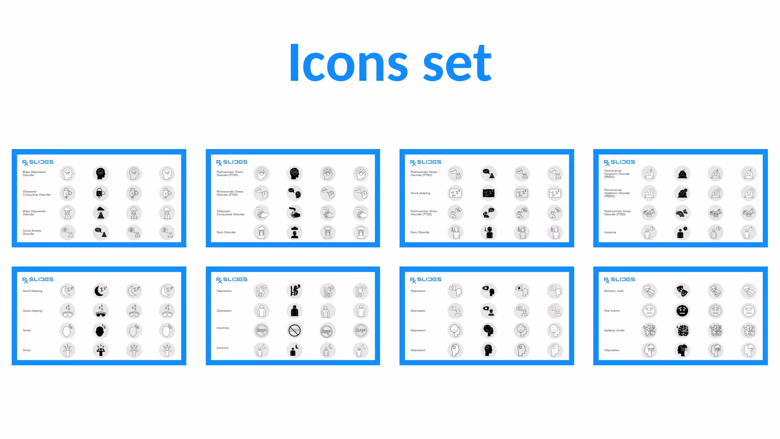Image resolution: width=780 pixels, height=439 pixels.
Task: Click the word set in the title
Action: coord(457,63)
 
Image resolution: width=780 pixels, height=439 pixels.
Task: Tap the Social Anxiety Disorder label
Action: coord(32,232)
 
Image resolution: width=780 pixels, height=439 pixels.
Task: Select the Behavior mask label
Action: coord(614,291)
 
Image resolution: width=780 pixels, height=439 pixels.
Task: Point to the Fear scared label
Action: coord(612,311)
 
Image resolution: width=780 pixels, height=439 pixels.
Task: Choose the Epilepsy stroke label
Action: coord(614,331)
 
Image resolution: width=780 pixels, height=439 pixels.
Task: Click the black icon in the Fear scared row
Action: coord(682,311)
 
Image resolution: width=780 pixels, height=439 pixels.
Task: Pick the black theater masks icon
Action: coord(682,291)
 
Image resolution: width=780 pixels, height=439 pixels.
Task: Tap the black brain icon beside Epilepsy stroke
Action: coord(682,331)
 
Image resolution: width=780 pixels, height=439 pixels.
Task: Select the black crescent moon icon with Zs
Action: coord(101,291)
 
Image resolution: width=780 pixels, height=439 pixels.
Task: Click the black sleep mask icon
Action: coord(101,311)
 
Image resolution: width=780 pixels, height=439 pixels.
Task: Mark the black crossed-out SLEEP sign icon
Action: coord(295,331)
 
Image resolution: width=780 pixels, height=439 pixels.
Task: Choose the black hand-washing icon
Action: coord(295,213)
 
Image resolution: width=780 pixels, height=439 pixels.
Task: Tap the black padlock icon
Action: coord(101,193)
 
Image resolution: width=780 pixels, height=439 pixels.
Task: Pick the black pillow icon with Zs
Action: coord(488,193)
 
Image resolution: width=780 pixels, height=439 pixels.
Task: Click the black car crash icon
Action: coord(682,213)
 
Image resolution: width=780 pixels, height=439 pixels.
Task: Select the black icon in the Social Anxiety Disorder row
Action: coord(101,232)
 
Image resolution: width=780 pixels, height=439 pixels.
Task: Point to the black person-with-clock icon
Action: coord(682,232)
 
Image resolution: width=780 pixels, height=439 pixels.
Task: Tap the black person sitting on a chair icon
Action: coord(295,291)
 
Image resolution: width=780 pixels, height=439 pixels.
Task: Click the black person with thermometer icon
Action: coord(488,232)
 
